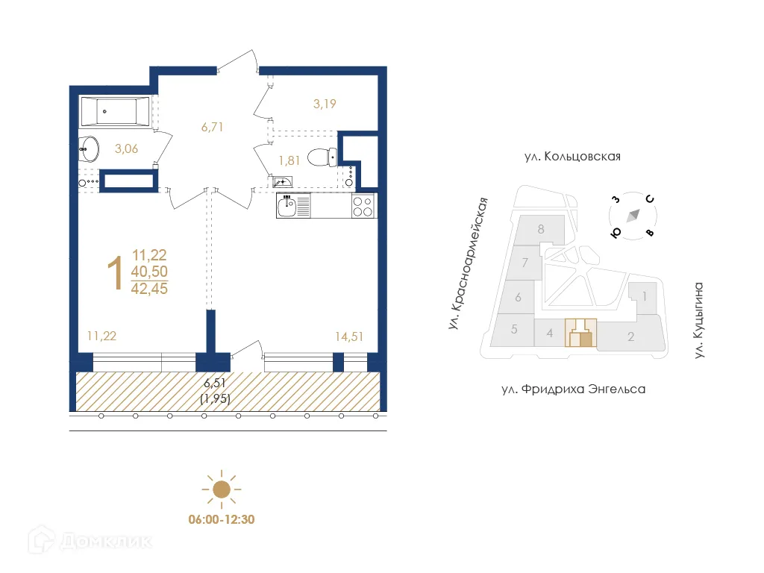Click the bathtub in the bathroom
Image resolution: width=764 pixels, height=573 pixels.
[115, 112]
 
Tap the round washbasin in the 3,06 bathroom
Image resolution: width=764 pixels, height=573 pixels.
[90, 148]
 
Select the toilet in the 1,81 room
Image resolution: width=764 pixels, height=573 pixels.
[323, 157]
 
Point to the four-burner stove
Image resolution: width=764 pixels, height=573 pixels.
[363, 206]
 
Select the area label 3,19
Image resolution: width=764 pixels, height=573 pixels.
[325, 104]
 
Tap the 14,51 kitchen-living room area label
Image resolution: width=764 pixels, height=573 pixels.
[349, 336]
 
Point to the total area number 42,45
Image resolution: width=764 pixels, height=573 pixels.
[149, 289]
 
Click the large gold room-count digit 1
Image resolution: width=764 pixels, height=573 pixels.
[115, 273]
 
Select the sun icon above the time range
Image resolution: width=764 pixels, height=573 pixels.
[221, 489]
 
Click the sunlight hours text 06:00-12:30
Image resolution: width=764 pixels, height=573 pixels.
[221, 519]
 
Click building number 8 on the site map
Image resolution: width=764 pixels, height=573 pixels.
[540, 229]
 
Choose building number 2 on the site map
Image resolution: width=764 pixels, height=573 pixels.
[630, 337]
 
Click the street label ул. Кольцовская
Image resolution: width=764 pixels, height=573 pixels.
[572, 157]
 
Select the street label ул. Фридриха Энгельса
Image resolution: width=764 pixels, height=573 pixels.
[572, 389]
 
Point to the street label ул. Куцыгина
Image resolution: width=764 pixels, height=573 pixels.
[699, 320]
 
